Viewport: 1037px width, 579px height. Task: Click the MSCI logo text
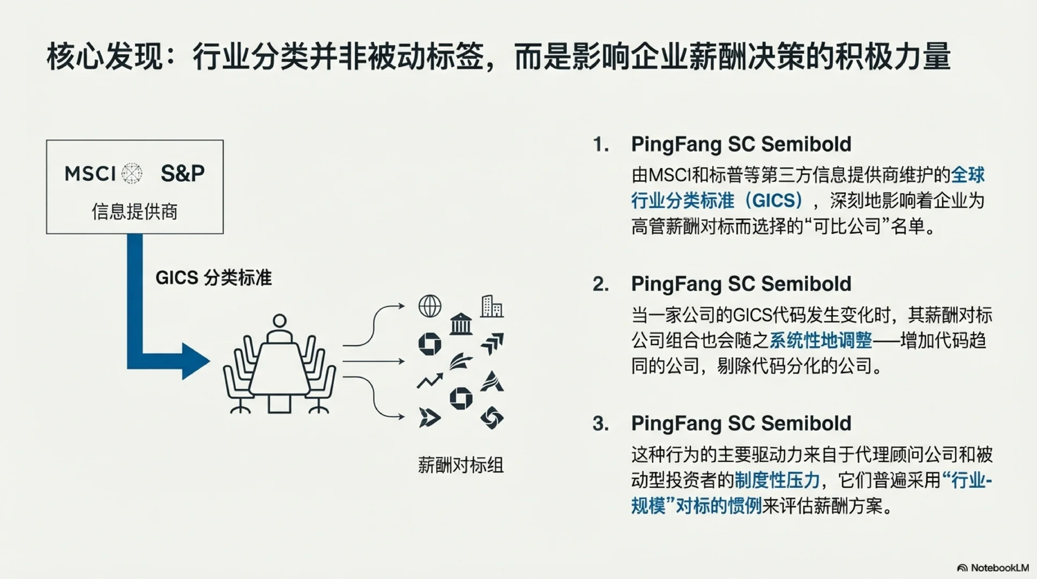[x=90, y=174]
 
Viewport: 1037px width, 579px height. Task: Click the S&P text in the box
[x=182, y=173]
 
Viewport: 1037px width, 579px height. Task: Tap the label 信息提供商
[x=135, y=212]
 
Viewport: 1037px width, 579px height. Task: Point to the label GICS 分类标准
[x=213, y=278]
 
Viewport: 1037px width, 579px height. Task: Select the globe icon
[x=430, y=307]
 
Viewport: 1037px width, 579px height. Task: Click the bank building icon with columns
[x=461, y=324]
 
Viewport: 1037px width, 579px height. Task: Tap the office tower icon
[x=491, y=306]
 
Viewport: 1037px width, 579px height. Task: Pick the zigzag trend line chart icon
[x=430, y=381]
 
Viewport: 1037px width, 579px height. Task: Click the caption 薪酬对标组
[x=461, y=465]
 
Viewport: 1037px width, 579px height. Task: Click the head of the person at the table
[x=279, y=321]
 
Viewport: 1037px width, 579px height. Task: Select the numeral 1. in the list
[x=601, y=145]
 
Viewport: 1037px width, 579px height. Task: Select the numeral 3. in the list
[x=601, y=424]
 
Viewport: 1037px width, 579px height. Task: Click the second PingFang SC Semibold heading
[x=741, y=284]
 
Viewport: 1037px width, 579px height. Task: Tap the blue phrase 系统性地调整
[x=820, y=340]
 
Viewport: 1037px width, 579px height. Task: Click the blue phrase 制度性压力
[x=777, y=480]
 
